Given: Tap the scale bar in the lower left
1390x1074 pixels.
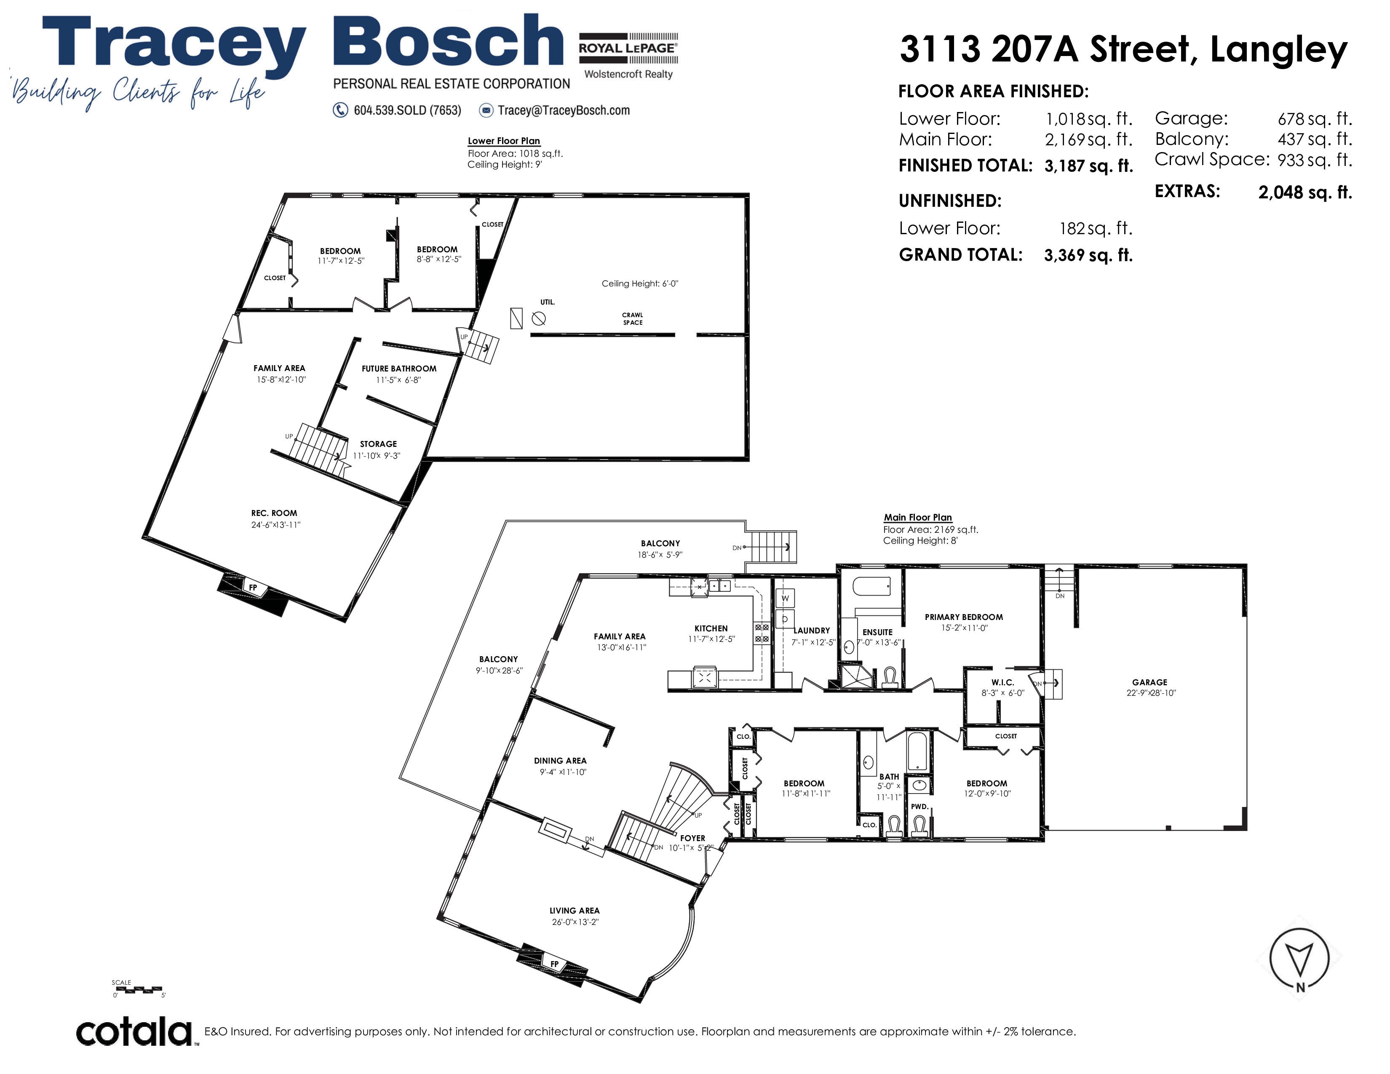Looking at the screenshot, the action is (139, 989).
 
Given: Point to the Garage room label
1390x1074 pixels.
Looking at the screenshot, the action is (1150, 682).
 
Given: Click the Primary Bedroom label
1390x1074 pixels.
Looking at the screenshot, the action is (964, 617).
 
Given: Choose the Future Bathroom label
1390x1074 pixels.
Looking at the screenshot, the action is (399, 369).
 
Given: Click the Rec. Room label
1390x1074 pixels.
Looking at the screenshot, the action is (274, 513).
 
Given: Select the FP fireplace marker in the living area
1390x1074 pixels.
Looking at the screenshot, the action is (554, 964).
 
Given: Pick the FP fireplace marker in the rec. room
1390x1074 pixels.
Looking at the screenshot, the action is (253, 587).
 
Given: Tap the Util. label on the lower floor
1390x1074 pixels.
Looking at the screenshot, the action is (547, 302).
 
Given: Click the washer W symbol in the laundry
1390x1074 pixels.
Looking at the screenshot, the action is (785, 598).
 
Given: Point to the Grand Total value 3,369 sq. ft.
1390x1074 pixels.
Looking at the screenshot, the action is (1089, 255).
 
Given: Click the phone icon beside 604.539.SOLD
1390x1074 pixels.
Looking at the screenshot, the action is (340, 110).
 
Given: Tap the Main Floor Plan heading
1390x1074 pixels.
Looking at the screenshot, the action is (918, 517).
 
